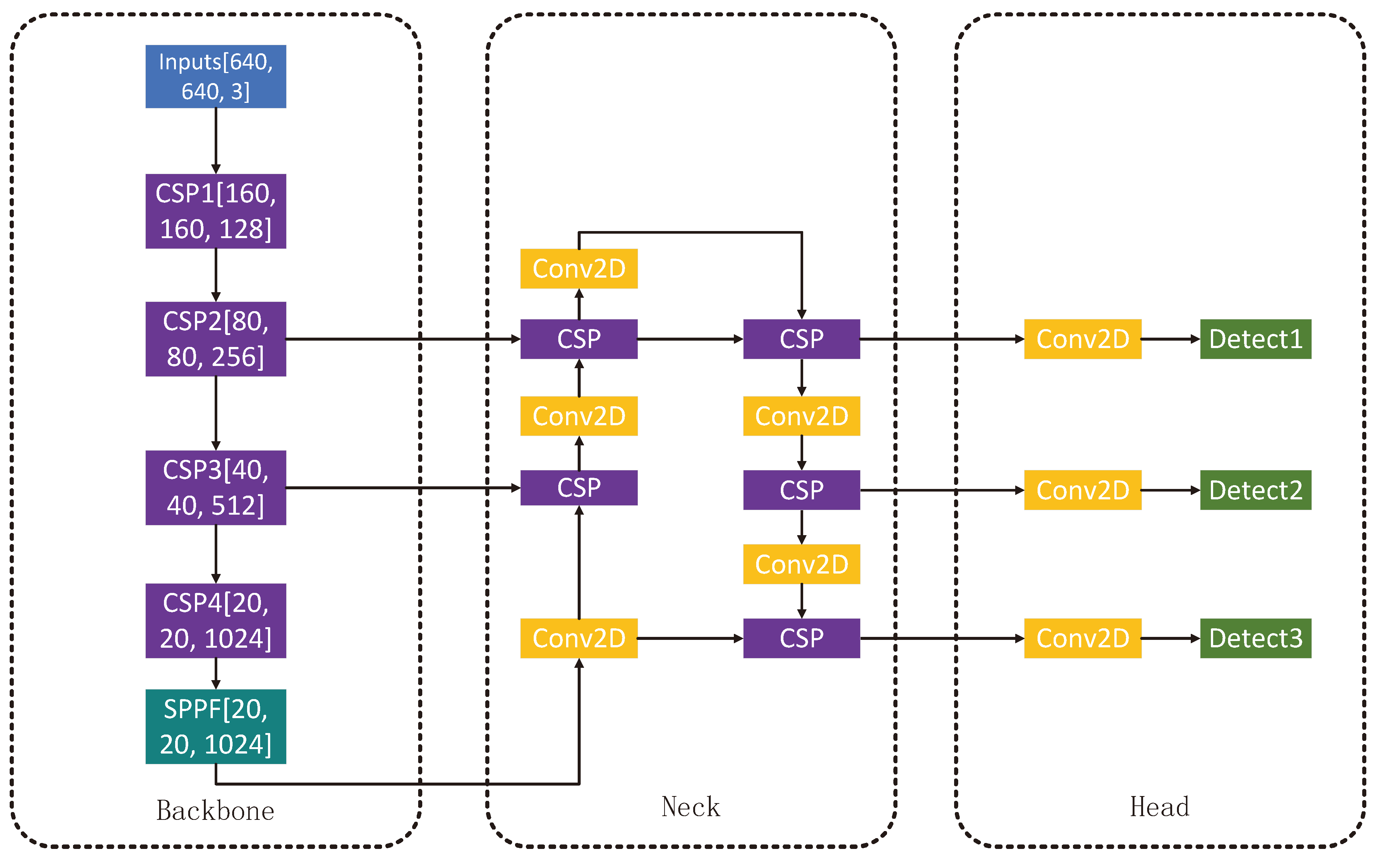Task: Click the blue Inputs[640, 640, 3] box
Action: (215, 76)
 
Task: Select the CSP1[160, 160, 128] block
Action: (215, 211)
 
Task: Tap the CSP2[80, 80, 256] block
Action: (215, 339)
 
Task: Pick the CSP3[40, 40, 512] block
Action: (215, 487)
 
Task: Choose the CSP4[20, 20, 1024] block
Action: (215, 620)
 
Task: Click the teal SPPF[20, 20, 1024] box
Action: (215, 726)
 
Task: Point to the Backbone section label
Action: (215, 811)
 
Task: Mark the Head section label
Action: (1159, 807)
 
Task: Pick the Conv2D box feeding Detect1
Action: (1082, 339)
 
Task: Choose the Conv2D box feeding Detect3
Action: (1082, 638)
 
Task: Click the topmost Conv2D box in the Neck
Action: (578, 268)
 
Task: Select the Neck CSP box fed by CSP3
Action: (578, 487)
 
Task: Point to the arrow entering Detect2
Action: (1170, 490)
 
